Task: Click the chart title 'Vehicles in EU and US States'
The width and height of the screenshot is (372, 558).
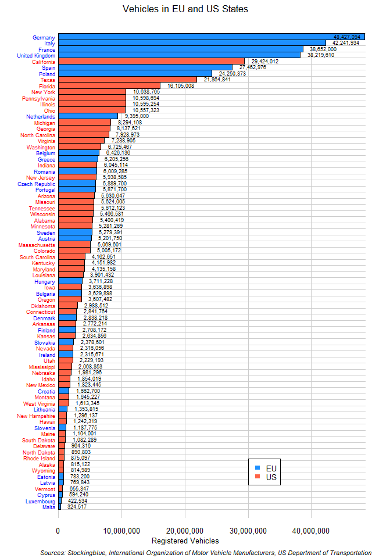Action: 186,9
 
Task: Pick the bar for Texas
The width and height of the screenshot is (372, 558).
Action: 127,80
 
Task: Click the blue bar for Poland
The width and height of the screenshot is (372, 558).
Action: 135,73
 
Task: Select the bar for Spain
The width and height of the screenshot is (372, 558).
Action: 145,67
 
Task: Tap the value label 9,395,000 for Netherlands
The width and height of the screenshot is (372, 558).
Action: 137,116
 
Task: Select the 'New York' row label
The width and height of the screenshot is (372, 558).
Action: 43,92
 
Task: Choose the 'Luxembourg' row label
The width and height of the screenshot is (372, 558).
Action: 40,501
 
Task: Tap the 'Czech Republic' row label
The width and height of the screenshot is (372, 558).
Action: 36,184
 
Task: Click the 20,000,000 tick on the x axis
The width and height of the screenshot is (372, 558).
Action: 185,531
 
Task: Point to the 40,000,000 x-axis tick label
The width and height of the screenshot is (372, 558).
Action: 311,531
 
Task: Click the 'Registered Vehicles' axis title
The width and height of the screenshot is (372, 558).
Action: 185,541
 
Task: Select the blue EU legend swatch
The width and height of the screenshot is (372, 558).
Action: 257,468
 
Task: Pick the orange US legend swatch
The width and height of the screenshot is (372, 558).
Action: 257,477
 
